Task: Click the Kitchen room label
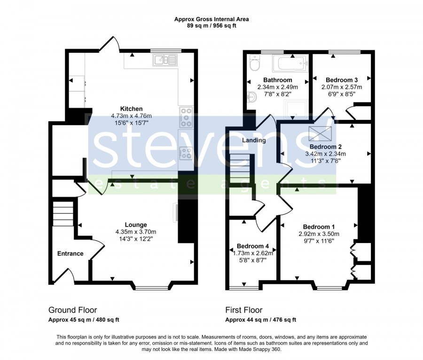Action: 131,109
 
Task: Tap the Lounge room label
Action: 136,225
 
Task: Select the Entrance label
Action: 70,253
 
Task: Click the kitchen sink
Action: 164,60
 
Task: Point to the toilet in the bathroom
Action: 254,63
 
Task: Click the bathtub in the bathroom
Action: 290,63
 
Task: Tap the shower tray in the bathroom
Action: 296,109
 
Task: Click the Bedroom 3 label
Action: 342,80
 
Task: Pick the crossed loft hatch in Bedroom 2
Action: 320,133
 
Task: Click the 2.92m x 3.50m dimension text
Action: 319,234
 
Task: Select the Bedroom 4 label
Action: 253,246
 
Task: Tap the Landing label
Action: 254,140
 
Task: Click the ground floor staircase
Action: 63,214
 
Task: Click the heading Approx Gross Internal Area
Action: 211,19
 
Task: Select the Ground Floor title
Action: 72,310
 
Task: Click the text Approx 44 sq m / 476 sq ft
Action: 260,320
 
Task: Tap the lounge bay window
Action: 151,288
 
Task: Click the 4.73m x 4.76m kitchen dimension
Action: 132,116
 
